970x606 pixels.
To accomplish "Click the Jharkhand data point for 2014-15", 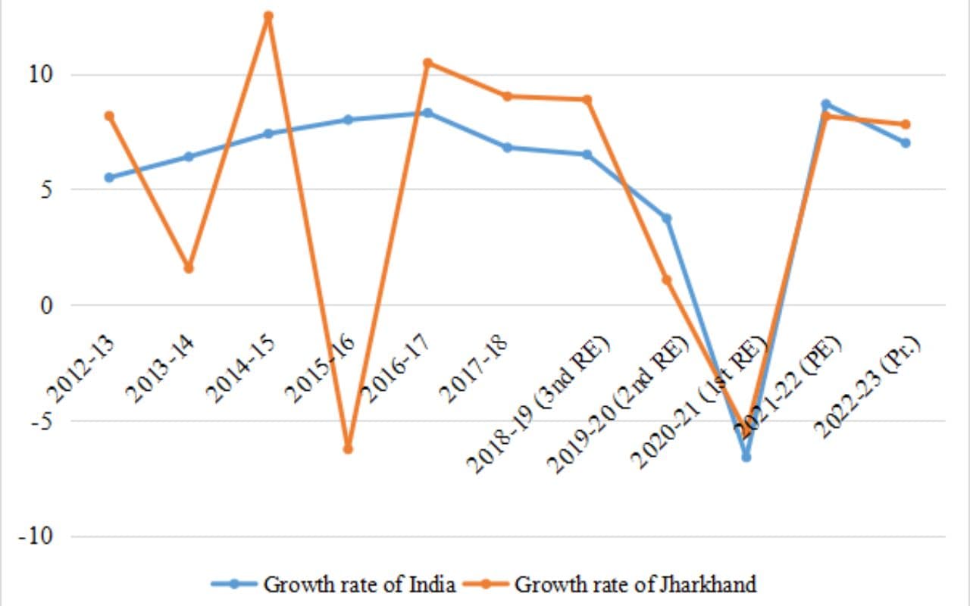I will (268, 16).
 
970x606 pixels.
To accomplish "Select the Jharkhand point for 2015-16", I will (348, 449).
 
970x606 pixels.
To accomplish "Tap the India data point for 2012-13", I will (109, 177).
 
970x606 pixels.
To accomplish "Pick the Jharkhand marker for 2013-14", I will (189, 268).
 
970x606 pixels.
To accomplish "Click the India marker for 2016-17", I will (427, 113).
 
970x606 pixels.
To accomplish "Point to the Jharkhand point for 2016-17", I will (427, 63).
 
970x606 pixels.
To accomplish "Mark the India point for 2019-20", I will (667, 219).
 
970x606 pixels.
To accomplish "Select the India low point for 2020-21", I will (746, 457).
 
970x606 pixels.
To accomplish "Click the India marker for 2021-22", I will (826, 104).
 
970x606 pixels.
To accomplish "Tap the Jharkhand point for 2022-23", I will (906, 124).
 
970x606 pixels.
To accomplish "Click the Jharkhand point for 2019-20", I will (667, 280).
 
